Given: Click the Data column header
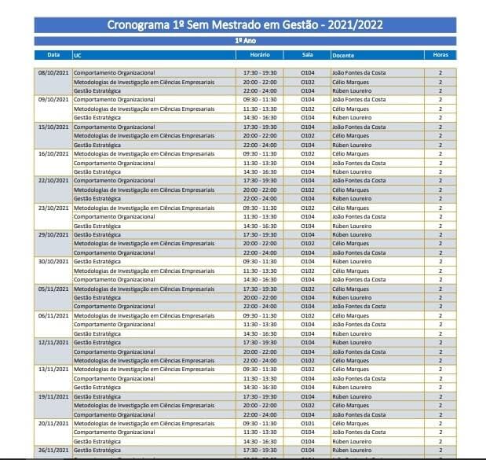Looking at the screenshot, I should pyautogui.click(x=53, y=55).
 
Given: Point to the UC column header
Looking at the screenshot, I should pyautogui.click(x=77, y=55).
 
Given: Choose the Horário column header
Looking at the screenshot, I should pyautogui.click(x=260, y=55).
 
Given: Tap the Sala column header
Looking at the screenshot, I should pyautogui.click(x=307, y=55).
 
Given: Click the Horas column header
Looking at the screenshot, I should pyautogui.click(x=440, y=55).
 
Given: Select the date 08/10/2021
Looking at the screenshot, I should pyautogui.click(x=53, y=73).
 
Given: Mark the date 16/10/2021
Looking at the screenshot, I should pyautogui.click(x=53, y=154).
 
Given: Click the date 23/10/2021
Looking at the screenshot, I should pyautogui.click(x=53, y=208).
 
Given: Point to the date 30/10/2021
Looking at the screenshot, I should pyautogui.click(x=53, y=261).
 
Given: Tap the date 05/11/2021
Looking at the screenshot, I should pyautogui.click(x=53, y=289).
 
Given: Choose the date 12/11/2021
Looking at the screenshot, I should pyautogui.click(x=53, y=342).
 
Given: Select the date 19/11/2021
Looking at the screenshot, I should pyautogui.click(x=53, y=396).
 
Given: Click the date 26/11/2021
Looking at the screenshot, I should pyautogui.click(x=53, y=450).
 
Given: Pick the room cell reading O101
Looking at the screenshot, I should pyautogui.click(x=308, y=423).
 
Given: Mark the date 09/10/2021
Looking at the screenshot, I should pyautogui.click(x=53, y=100).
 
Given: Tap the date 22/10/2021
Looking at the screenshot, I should pyautogui.click(x=53, y=181).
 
